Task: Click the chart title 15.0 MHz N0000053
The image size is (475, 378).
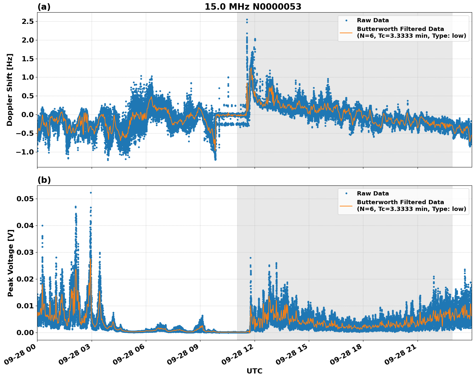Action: pos(253,7)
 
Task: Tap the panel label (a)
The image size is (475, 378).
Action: pos(44,7)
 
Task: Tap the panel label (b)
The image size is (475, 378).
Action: pos(44,180)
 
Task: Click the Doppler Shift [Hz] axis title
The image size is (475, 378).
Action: pos(10,90)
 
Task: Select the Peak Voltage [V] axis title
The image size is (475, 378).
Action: pos(11,263)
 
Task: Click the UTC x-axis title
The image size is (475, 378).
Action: pos(254,371)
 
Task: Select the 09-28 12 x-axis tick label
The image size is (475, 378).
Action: pos(238,357)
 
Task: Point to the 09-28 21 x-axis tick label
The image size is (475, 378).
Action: pos(401,357)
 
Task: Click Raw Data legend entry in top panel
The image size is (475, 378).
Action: pos(373,20)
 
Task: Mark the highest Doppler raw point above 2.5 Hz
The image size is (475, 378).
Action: pos(247,20)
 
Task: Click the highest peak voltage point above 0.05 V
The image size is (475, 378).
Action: pos(91,193)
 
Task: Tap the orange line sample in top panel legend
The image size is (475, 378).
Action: pos(346,33)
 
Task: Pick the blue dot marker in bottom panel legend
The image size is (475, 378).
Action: pos(346,194)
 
